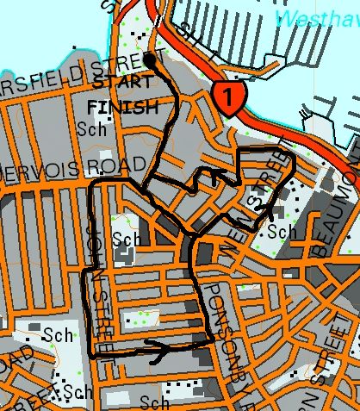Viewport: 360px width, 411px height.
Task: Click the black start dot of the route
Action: tap(150, 60)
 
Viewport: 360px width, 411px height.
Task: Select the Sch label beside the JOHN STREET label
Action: tap(126, 238)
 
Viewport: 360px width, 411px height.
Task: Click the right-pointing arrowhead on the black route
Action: tap(158, 346)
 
